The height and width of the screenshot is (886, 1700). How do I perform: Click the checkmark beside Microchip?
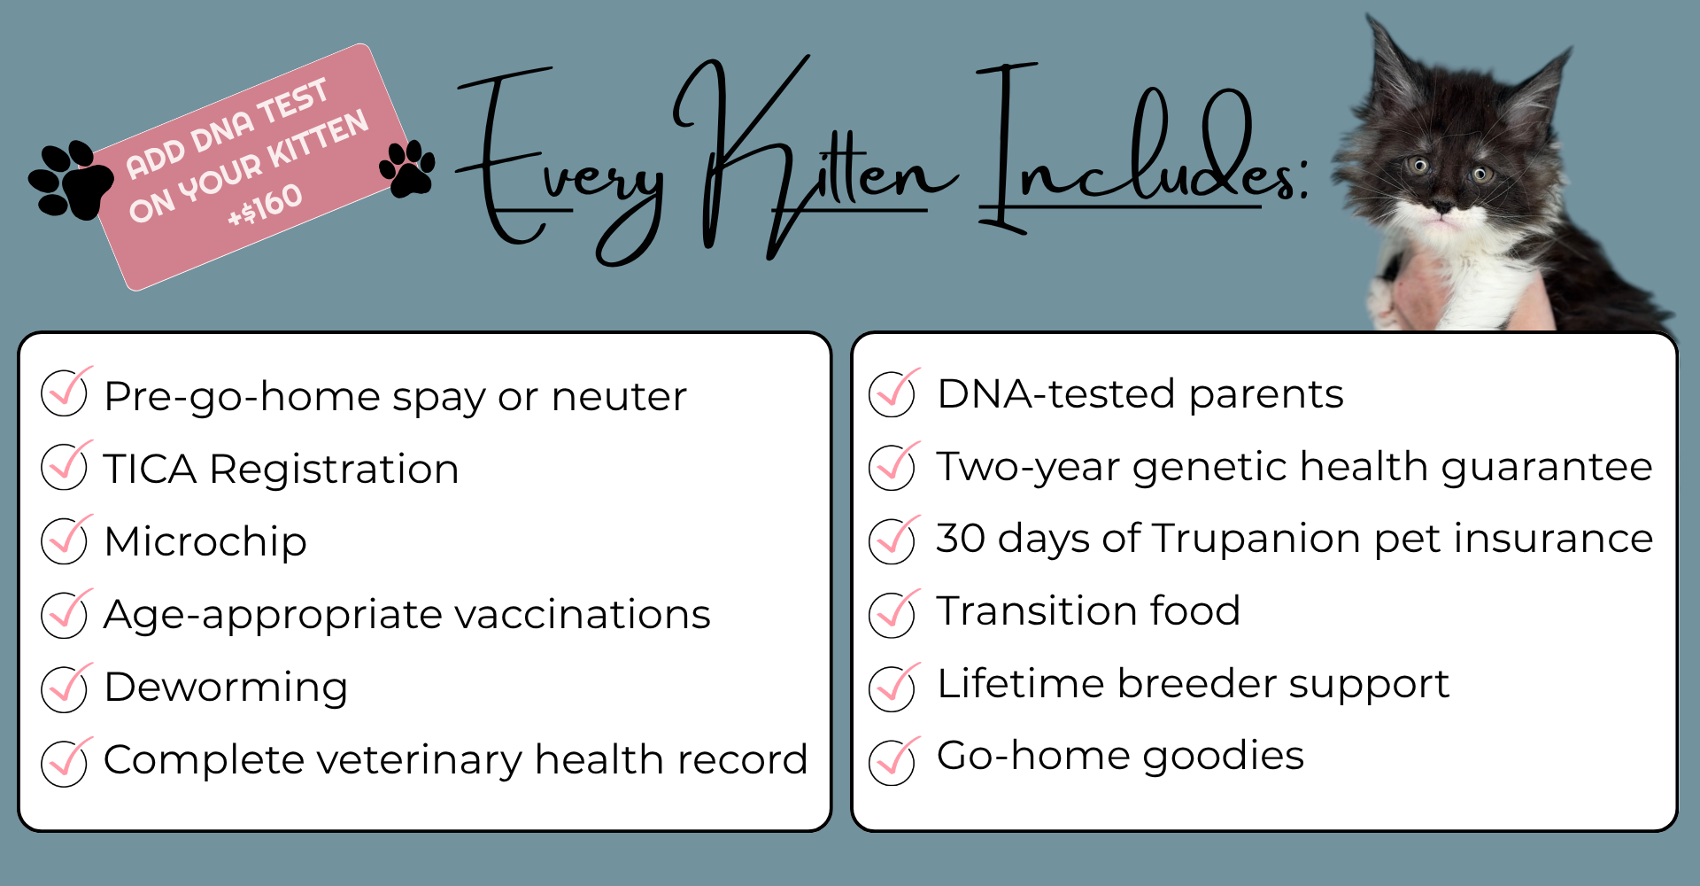(x=66, y=540)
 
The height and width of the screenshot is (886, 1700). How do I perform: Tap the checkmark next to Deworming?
(x=66, y=687)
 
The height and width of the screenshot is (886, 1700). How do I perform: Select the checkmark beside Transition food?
(x=893, y=613)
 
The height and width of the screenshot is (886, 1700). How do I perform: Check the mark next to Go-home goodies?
(x=893, y=760)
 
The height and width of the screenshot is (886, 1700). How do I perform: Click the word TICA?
(x=150, y=469)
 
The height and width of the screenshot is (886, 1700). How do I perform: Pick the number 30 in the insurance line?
(x=961, y=539)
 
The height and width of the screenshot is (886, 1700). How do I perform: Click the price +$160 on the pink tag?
(x=265, y=206)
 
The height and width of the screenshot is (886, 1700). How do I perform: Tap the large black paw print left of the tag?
(x=71, y=180)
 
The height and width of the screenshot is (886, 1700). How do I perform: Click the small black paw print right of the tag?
(x=407, y=167)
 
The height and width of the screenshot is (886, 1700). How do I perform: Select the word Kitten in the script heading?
(x=815, y=159)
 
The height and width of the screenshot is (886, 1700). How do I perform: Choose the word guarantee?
(x=1547, y=467)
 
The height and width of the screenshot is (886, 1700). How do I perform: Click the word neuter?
(x=619, y=397)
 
